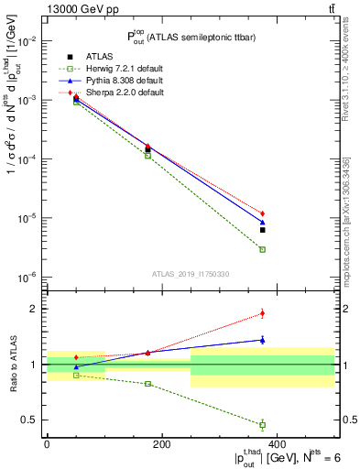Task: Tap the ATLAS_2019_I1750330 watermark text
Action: click(x=191, y=274)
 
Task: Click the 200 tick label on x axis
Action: click(x=161, y=443)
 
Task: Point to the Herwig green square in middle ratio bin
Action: click(x=147, y=384)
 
